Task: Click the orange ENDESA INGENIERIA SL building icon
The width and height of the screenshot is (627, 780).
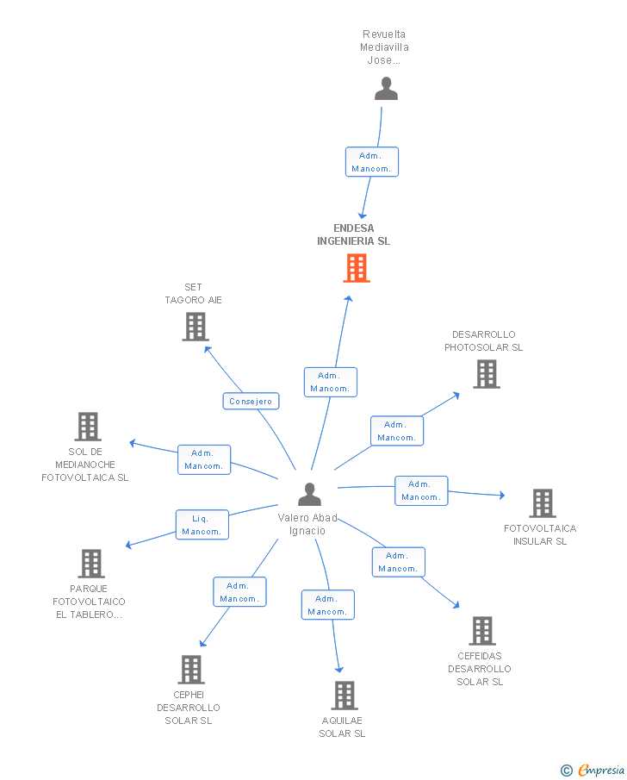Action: (357, 268)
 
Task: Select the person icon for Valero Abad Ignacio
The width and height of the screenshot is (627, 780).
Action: (309, 495)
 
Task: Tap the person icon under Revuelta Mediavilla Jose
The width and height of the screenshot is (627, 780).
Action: (386, 89)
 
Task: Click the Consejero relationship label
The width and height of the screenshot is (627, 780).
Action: (251, 401)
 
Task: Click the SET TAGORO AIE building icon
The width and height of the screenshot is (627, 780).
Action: (196, 327)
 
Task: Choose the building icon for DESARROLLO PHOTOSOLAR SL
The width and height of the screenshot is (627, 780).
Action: (487, 374)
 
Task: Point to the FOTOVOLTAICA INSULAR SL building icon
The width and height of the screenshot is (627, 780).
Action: (542, 503)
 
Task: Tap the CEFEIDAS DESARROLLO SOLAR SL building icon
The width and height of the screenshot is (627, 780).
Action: (482, 631)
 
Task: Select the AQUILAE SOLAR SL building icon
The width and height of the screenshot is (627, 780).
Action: (344, 696)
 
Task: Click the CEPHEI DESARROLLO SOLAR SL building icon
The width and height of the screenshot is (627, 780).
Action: (191, 670)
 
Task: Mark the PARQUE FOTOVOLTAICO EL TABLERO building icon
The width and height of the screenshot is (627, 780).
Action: (91, 564)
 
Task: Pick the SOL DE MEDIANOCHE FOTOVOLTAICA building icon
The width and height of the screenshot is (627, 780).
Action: (88, 427)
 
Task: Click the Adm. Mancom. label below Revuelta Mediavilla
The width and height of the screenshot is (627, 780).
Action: (372, 162)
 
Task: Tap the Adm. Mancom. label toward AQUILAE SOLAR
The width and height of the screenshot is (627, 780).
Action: (327, 605)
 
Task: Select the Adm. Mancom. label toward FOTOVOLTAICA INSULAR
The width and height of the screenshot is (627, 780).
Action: (421, 490)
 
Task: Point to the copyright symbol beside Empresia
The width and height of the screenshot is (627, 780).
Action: (566, 770)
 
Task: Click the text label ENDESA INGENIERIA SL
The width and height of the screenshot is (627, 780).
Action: (353, 234)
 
